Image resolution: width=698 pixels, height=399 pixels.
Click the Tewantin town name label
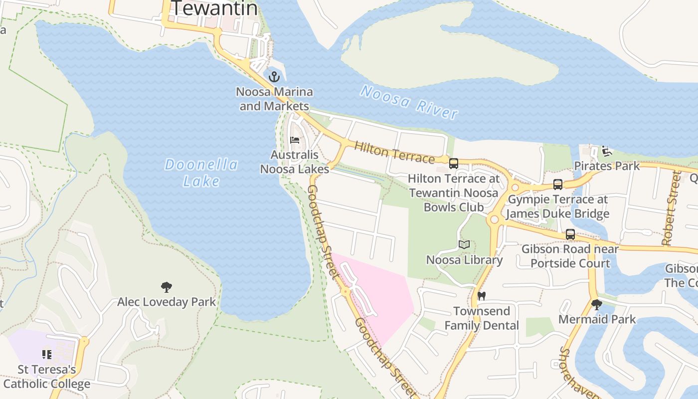point(214,8)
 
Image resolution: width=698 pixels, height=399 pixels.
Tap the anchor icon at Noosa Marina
point(274,77)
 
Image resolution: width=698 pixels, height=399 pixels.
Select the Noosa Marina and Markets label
point(274,99)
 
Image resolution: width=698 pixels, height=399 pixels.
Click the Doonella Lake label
point(201,173)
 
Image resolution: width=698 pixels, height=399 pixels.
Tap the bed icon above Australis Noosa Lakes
point(295,140)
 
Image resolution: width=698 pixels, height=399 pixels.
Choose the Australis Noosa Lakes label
point(294,162)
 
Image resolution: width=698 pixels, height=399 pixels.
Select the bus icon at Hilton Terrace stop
point(454,163)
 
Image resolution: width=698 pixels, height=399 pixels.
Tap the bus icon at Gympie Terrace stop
point(558,185)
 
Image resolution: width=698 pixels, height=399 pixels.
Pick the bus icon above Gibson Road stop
point(570,234)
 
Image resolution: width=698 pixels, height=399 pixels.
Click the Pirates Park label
point(607,166)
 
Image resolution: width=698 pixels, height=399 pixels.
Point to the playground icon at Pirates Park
point(607,151)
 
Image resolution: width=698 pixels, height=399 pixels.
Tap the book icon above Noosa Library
point(464,244)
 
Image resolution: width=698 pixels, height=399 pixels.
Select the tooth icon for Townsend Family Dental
point(481,296)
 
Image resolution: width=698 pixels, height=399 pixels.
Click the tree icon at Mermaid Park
point(596,304)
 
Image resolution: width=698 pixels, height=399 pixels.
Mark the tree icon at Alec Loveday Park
point(167,287)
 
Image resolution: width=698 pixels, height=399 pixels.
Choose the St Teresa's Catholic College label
point(47,377)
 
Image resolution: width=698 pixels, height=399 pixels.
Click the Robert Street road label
point(671,208)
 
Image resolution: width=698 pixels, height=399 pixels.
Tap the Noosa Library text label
point(464,260)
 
